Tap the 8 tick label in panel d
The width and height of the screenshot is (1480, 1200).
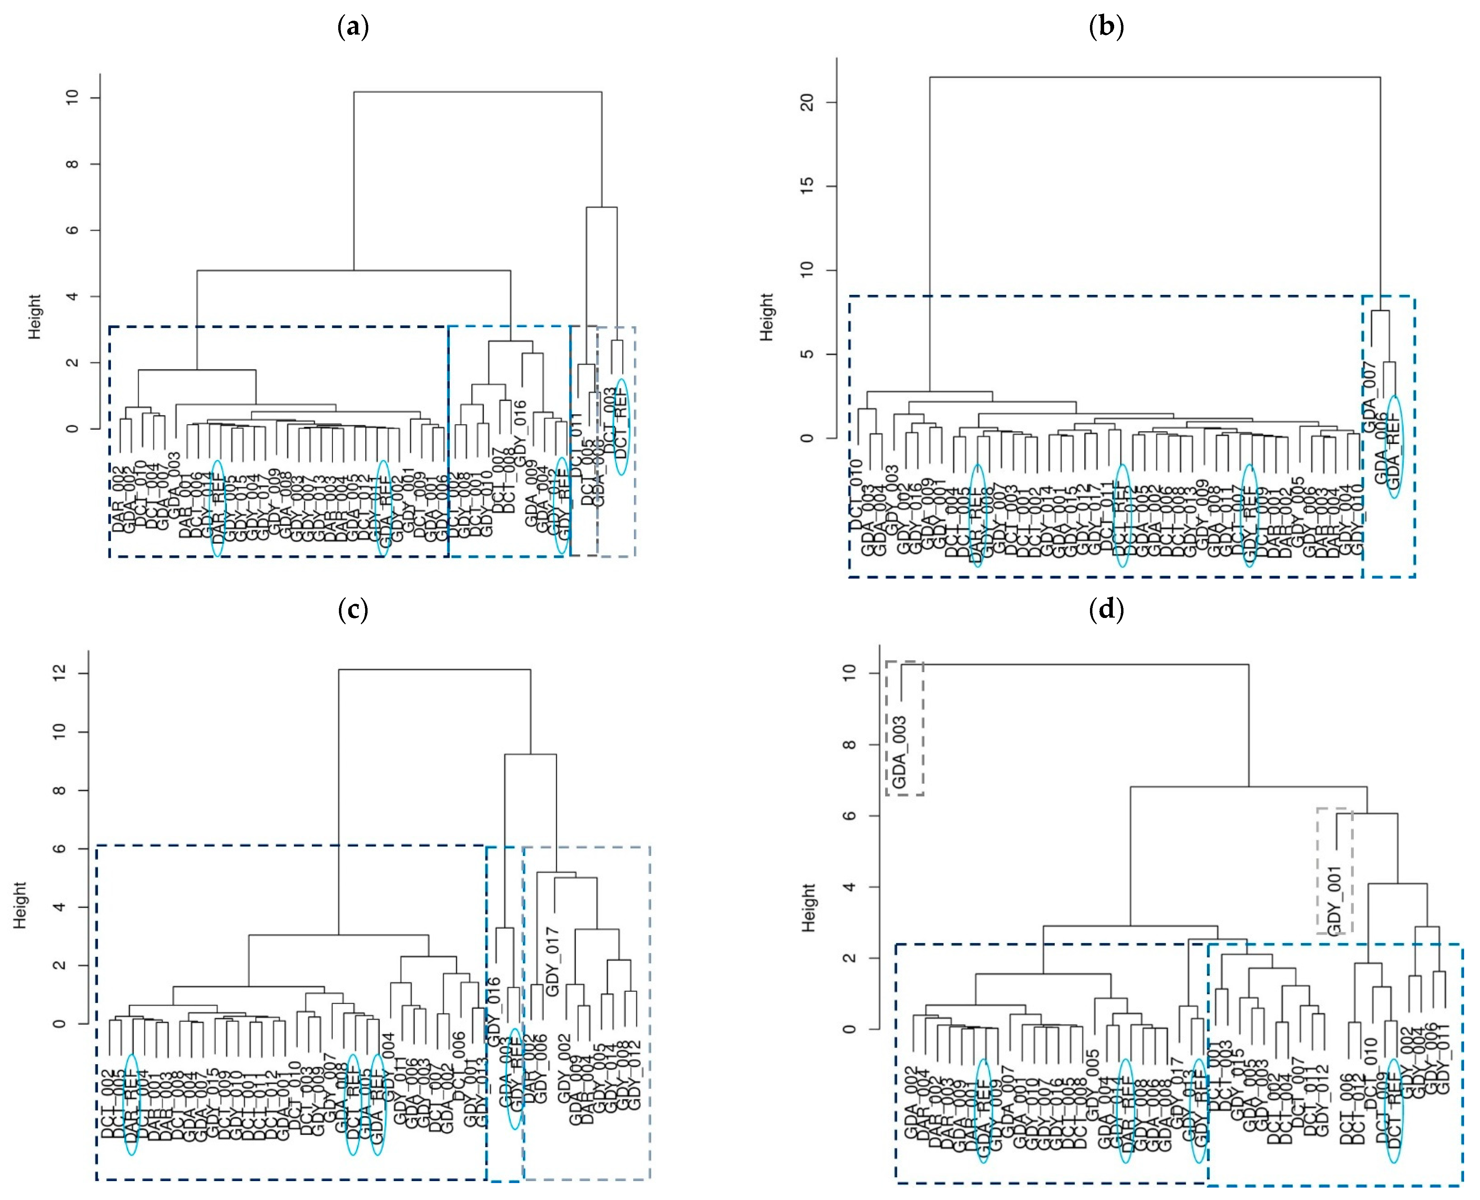(850, 744)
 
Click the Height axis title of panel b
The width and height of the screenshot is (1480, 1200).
(767, 317)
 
